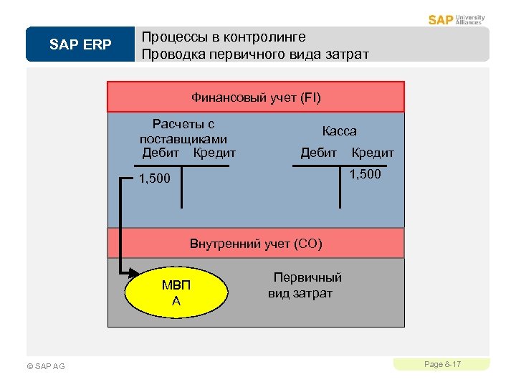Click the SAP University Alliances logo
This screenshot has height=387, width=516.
pos(457,19)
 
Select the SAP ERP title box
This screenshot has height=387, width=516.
pos(80,45)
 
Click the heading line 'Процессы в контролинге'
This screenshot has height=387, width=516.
pos(224,37)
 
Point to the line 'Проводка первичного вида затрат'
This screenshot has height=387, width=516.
pos(255,54)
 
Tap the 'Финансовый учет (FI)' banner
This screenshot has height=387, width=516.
pos(256,97)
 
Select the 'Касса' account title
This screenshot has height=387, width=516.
pos(339,131)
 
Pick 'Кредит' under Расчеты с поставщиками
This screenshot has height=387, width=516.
pos(214,153)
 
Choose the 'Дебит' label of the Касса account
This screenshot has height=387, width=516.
pos(318,153)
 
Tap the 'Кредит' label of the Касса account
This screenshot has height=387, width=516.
pos(373,153)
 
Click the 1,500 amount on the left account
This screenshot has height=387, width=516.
pos(154,178)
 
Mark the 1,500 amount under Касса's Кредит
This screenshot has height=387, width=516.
pos(365,175)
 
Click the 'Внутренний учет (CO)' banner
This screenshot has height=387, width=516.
pos(256,244)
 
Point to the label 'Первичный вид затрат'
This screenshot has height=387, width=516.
pos(303,285)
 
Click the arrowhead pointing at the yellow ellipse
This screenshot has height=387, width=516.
pos(134,272)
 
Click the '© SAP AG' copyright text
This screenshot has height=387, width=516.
pos(46,366)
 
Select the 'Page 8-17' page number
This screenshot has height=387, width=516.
pos(442,365)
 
